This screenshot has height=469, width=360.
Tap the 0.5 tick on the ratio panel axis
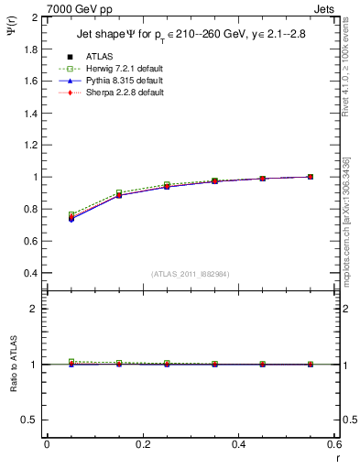coord(32,420)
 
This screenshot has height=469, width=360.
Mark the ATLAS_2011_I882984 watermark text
coord(190,274)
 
